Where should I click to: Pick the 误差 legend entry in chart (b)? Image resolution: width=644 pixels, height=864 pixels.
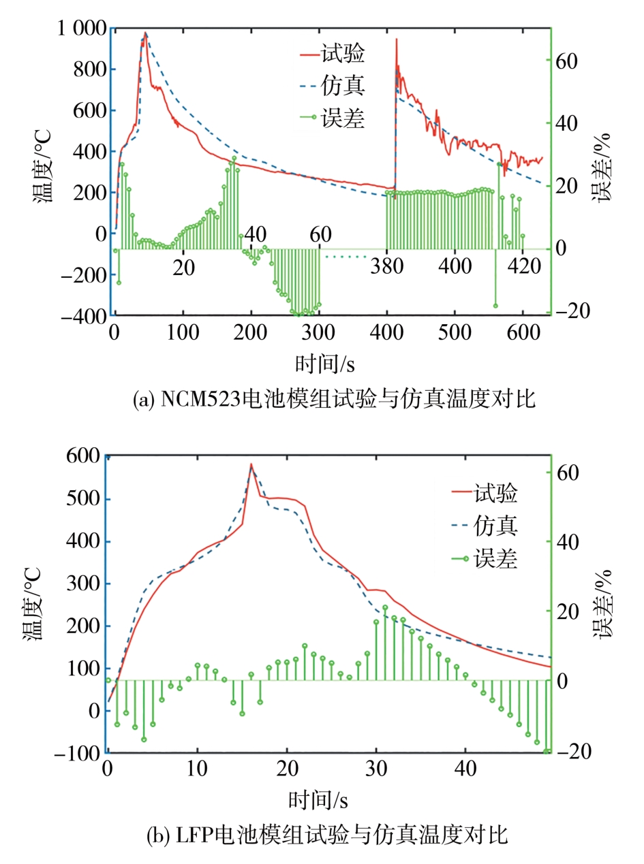point(497,560)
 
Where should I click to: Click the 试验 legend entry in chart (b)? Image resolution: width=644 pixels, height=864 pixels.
point(497,492)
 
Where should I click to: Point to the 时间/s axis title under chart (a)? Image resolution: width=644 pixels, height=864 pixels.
point(325,364)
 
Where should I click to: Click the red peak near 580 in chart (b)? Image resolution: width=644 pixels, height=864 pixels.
point(251,464)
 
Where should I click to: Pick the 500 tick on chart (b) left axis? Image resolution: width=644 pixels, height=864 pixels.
point(84,499)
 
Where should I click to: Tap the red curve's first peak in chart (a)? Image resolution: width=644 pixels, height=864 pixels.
point(145,33)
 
